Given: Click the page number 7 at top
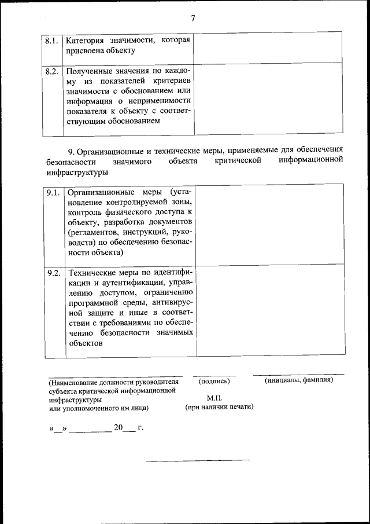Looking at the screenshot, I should coord(193,18).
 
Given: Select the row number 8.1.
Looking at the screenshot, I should coord(51,41).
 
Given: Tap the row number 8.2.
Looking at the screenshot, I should coord(51,72).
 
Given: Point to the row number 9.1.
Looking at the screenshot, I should coord(54,192).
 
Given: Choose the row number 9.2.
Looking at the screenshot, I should coord(54,273).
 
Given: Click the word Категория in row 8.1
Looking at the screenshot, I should coord(88,41).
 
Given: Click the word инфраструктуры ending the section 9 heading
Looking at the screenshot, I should coord(76,173).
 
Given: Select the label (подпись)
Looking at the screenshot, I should coord(214,381).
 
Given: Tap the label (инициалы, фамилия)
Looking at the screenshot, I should coord(299,380).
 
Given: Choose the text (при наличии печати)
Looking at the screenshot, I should coord(219,407).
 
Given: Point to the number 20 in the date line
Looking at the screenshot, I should coord(119,428).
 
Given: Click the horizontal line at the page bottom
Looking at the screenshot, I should coord(198,461).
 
